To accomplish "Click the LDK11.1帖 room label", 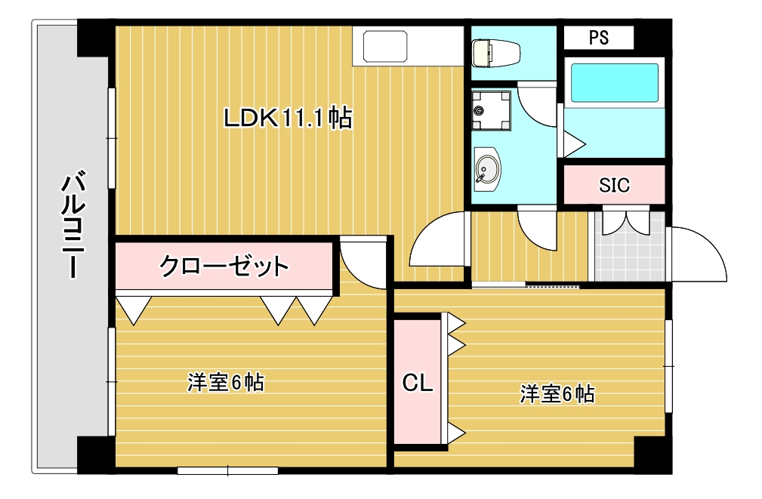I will [288, 118].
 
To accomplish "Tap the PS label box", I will [599, 37].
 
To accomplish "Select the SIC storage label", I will [614, 185].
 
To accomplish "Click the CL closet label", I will [417, 383].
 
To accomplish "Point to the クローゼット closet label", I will [224, 266].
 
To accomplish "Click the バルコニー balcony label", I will [72, 226].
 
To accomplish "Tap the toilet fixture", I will [495, 53].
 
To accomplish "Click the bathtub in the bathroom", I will [614, 84].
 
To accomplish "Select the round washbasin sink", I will [487, 170].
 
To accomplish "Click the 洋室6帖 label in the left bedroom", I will [225, 383].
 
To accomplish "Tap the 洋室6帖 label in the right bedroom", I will [557, 393].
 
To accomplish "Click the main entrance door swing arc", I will [696, 254].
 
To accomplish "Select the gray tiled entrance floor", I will [629, 249].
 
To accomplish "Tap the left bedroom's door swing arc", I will [362, 260].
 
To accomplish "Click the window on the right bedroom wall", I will [668, 366].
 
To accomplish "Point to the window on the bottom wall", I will [227, 471].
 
